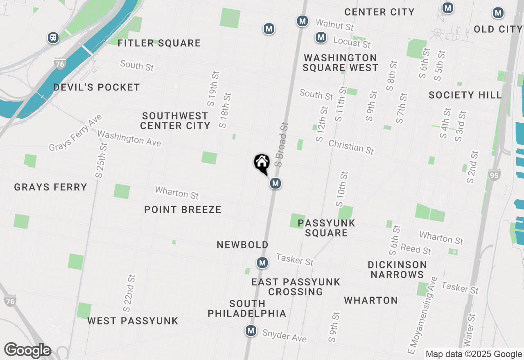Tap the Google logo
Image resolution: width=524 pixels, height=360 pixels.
(x=27, y=351)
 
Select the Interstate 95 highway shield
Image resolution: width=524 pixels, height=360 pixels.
(x=494, y=175)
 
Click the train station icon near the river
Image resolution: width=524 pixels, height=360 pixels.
(x=53, y=38)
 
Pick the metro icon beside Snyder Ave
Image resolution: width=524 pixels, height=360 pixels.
(x=251, y=331)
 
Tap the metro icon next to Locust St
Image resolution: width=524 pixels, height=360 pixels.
(x=321, y=38)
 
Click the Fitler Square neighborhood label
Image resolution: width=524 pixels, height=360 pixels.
(x=159, y=43)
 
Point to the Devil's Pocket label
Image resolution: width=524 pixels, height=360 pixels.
(x=97, y=87)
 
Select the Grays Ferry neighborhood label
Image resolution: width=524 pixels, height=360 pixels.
(x=51, y=187)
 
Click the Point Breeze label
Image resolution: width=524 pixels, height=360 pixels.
(x=183, y=209)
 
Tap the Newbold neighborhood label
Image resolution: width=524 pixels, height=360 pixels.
(x=243, y=245)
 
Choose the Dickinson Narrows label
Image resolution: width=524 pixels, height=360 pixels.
(x=397, y=270)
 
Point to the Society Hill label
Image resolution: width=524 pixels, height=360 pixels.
(x=465, y=95)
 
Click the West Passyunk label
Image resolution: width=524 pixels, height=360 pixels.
(x=133, y=321)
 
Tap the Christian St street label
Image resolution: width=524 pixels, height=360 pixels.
(x=351, y=147)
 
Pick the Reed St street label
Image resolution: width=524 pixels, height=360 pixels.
(x=416, y=248)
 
